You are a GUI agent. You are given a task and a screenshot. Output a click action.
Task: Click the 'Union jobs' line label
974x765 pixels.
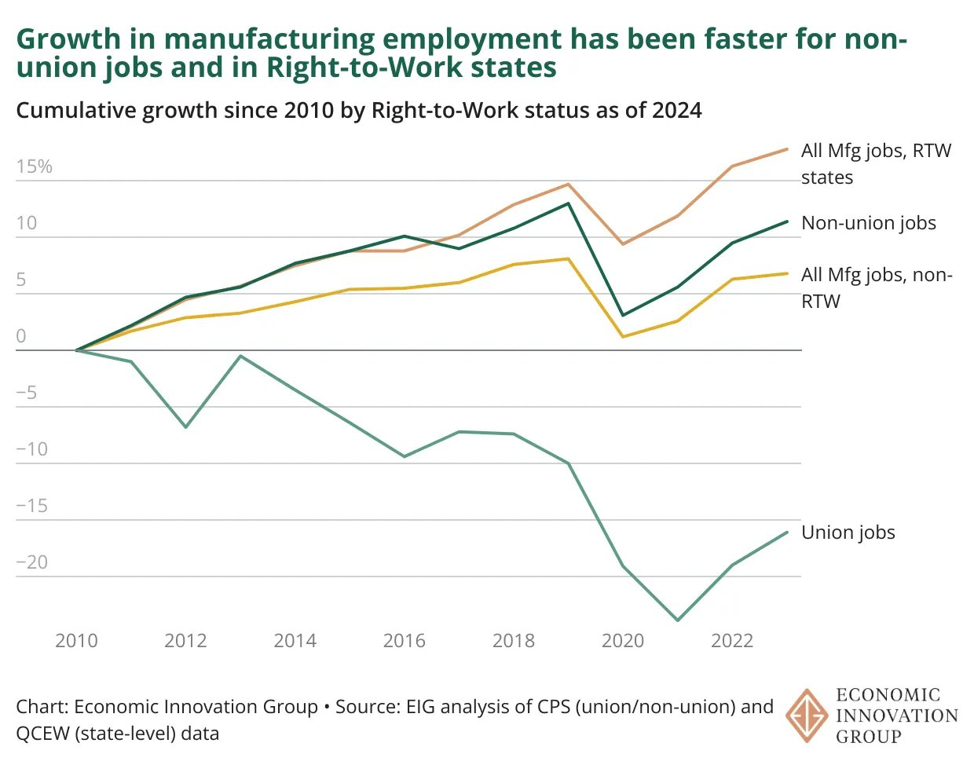pos(848,533)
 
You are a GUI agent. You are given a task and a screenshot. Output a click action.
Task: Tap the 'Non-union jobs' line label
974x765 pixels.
pos(868,223)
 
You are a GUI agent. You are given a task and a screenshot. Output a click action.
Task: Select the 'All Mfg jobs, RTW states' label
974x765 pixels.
pos(875,163)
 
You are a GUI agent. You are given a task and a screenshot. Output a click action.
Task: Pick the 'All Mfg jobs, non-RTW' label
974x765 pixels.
pos(875,287)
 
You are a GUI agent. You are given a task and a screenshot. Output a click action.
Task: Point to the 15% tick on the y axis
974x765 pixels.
pos(34,167)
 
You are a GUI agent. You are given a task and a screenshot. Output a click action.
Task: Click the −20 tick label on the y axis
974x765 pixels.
pos(32,562)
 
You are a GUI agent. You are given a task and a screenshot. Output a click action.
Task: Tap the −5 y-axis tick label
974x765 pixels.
pos(27,393)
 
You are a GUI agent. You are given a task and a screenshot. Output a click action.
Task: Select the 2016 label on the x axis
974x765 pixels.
pos(404,641)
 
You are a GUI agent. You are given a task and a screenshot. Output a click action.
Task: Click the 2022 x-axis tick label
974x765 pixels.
pos(731,641)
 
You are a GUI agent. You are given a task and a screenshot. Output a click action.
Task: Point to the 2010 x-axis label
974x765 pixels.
pos(76,641)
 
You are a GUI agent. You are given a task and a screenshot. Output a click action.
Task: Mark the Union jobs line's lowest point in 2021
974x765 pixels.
pos(677,620)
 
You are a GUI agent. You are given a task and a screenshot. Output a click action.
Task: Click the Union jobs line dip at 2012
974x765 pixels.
pos(185,427)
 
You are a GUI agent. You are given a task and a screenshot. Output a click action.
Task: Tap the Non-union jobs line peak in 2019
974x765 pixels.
pos(568,203)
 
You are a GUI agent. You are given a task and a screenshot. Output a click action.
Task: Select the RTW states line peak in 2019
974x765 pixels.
pos(568,185)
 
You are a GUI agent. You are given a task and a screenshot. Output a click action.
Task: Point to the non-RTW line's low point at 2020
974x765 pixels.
pos(623,337)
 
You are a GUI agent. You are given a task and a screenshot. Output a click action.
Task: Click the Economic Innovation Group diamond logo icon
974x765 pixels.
pos(807,716)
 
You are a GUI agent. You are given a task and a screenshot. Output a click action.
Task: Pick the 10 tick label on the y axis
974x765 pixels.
pos(27,223)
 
